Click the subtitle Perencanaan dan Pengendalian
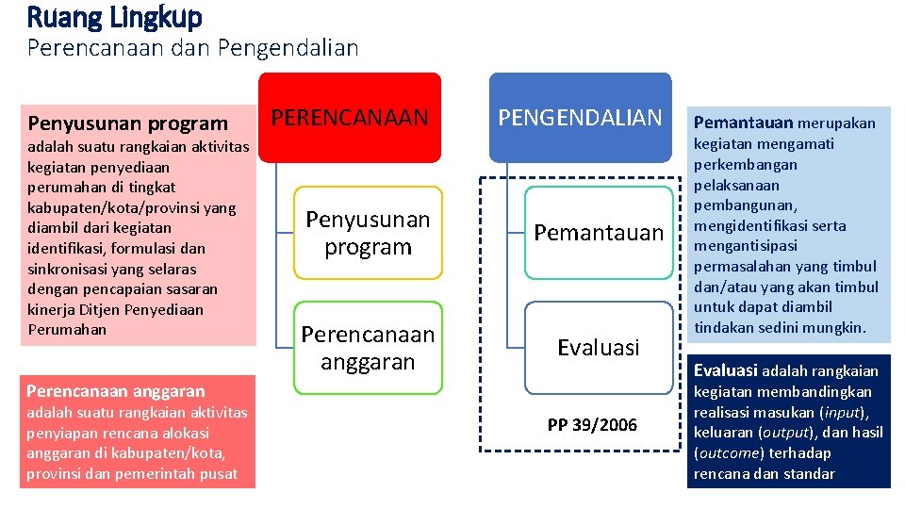coord(192,47)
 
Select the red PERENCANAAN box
coord(350,117)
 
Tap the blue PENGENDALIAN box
coord(580,117)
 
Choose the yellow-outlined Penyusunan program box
coord(368,233)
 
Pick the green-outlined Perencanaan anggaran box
coord(368,348)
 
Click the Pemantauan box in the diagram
coord(599,233)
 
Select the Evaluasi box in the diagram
coord(599,348)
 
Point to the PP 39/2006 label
coord(592,425)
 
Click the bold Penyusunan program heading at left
coord(128,123)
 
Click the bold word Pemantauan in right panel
coord(743,123)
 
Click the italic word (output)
coord(783,433)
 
